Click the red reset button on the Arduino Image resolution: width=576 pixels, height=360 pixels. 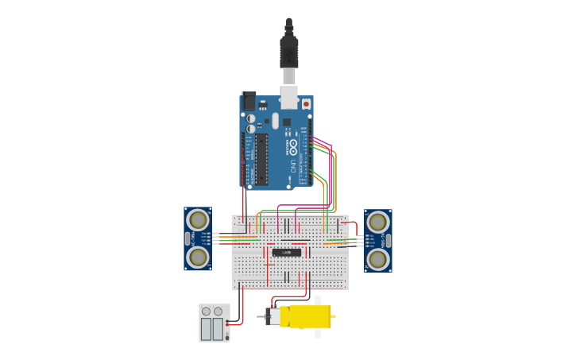click(306, 104)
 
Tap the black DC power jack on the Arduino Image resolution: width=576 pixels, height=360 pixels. click(249, 102)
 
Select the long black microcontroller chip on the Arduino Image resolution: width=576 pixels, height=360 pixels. click(261, 159)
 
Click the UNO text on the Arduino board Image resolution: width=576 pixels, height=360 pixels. click(293, 166)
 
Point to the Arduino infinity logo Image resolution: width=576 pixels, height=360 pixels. click(293, 147)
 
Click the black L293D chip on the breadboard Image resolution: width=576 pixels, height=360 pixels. click(287, 253)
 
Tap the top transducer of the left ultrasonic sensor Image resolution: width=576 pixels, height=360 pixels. click(198, 220)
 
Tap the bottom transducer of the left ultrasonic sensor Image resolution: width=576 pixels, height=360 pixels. click(198, 257)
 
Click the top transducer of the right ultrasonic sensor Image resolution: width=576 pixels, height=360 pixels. click(378, 222)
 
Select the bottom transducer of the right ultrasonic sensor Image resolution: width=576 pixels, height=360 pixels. click(378, 259)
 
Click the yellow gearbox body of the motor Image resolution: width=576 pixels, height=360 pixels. click(309, 316)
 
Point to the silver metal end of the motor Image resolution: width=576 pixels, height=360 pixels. click(273, 317)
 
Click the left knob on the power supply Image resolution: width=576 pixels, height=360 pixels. click(207, 312)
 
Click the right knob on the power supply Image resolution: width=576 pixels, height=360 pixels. click(218, 312)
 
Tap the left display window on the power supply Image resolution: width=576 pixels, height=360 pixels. click(207, 329)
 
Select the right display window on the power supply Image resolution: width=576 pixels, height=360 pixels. click(218, 329)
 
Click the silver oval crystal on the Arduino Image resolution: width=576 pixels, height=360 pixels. click(275, 121)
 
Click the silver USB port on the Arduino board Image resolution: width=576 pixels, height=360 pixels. click(289, 98)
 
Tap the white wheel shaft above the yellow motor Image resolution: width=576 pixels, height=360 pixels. click(318, 300)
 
